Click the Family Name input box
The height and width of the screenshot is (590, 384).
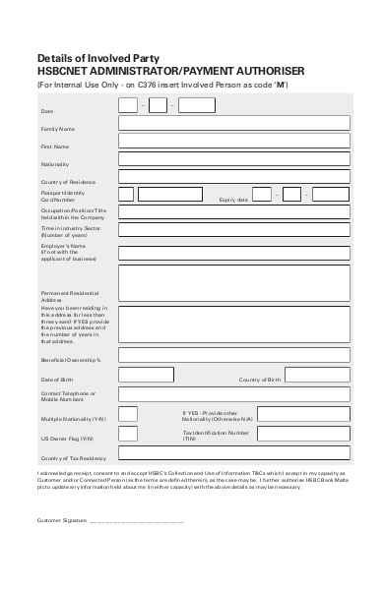232,123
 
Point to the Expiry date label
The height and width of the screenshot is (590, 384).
232,200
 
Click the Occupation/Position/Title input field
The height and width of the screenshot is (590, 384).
232,211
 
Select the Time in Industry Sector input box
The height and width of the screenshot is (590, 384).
232,231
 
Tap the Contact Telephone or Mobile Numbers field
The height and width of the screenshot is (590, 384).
232,394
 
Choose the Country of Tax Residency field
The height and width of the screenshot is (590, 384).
232,453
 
